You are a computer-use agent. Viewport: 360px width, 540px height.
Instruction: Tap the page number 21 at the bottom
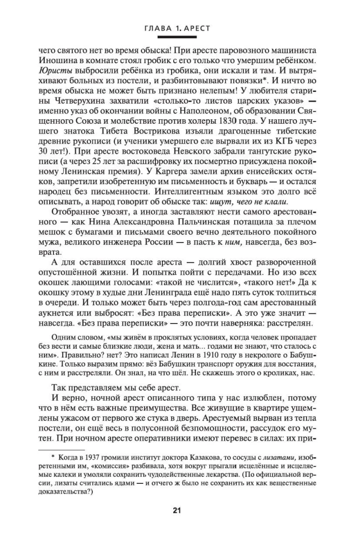click(x=177, y=509)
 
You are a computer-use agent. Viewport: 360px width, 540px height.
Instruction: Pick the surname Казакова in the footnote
click(x=195, y=457)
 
